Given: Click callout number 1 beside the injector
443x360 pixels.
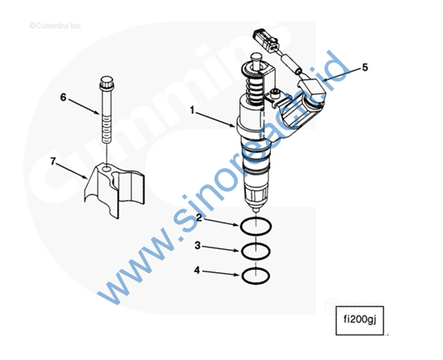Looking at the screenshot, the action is click(x=192, y=110).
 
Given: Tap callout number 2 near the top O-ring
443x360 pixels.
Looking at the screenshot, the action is click(x=200, y=218).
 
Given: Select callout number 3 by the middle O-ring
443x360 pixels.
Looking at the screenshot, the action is click(x=198, y=245).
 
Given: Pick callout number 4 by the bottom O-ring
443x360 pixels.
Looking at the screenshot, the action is click(x=196, y=271).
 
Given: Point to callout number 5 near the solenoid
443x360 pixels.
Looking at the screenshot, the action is click(x=365, y=68).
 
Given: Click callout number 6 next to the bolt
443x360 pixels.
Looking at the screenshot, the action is click(x=63, y=98).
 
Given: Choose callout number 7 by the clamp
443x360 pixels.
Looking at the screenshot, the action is click(x=53, y=161).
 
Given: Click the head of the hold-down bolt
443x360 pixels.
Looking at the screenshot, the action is click(x=107, y=83).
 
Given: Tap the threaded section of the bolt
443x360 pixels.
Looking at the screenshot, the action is click(x=107, y=130).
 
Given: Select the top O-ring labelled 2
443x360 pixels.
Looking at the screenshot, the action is click(x=256, y=226).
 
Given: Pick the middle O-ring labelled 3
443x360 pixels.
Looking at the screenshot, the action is click(x=256, y=251).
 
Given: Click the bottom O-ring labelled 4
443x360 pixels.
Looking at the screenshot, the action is click(x=256, y=276).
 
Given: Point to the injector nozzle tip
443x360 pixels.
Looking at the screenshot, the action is click(x=256, y=210).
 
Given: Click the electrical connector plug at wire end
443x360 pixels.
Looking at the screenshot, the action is click(x=266, y=39).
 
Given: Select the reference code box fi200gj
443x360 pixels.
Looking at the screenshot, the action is click(x=359, y=320).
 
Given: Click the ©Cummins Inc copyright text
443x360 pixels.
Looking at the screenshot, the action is click(x=55, y=26).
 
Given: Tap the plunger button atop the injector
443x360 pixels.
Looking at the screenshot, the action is click(x=256, y=60).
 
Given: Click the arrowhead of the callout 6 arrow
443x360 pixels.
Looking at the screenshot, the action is click(x=98, y=113).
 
